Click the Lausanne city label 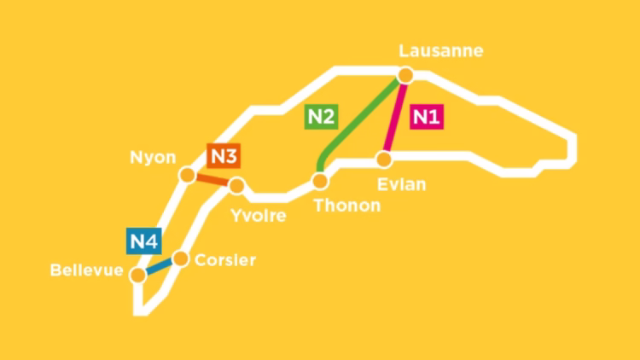click(441, 51)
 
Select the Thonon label click(347, 206)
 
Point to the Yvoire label click(259, 215)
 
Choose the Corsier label click(225, 260)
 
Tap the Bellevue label click(87, 271)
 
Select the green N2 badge click(320, 117)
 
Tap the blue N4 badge click(143, 241)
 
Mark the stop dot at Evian click(385, 159)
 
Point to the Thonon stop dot click(320, 181)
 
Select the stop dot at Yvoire click(236, 185)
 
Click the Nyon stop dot click(188, 175)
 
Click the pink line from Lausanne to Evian click(394, 119)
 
